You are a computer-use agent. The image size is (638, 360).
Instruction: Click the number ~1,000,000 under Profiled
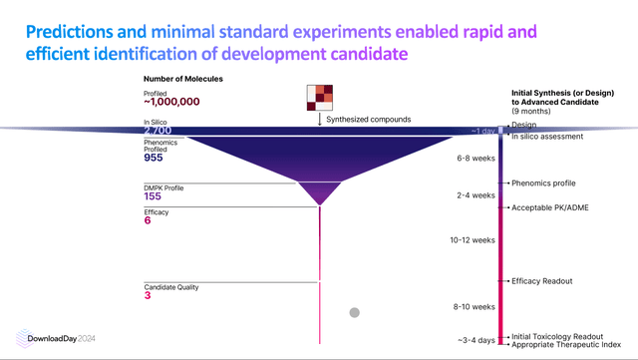171,103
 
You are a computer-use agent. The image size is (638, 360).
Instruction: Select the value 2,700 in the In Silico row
159,131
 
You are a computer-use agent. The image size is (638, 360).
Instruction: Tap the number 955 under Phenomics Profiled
154,158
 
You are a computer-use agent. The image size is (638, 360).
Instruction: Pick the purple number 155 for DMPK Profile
153,196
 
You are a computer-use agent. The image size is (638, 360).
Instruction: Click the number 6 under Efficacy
147,220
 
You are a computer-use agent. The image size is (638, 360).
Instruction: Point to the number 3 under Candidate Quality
147,295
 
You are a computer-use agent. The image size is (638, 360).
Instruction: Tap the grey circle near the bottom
353,313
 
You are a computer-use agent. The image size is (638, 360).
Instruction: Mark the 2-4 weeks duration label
476,195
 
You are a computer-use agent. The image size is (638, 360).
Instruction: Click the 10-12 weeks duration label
473,240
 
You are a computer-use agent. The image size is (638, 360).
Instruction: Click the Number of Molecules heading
182,79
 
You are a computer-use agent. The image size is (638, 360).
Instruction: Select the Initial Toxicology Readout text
562,336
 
